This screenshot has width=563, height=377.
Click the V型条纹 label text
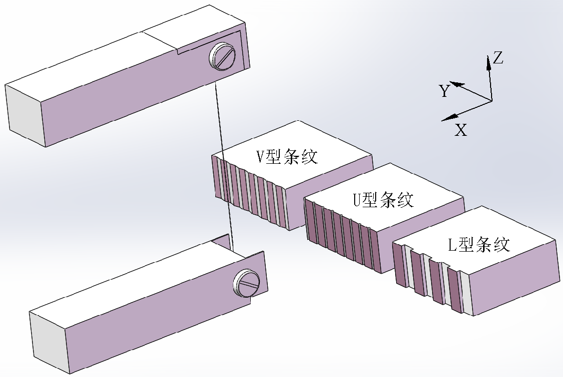[287, 157]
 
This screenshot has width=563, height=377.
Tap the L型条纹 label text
[479, 245]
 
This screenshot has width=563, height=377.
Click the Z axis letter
[498, 58]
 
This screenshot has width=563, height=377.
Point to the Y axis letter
[444, 91]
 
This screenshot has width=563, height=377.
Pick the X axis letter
[461, 131]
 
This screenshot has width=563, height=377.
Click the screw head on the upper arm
[223, 56]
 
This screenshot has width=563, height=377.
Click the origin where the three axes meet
[492, 101]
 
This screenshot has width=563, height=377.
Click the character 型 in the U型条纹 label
[369, 200]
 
